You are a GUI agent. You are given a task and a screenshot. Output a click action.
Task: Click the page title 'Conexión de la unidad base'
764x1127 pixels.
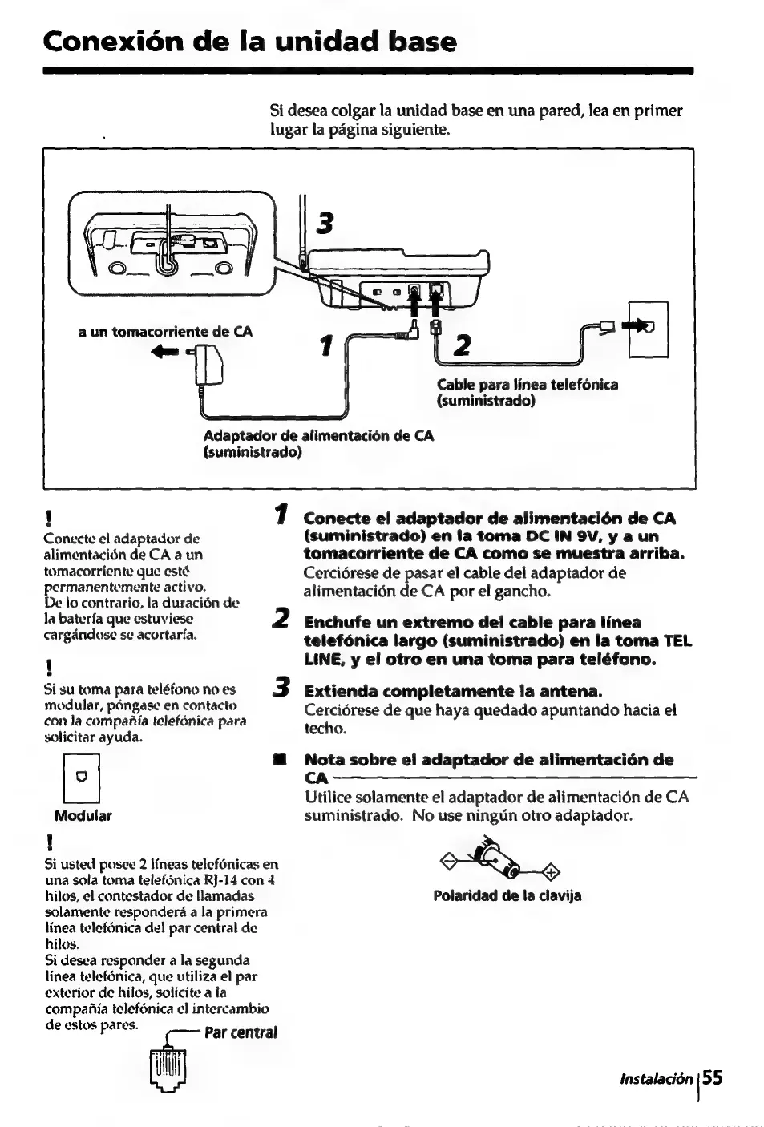point(250,41)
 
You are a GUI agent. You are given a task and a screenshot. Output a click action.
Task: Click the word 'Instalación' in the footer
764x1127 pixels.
point(656,1079)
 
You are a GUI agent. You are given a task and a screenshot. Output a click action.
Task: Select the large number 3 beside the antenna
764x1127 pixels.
point(323,224)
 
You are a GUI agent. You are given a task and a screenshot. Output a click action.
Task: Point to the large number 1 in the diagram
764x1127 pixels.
point(325,345)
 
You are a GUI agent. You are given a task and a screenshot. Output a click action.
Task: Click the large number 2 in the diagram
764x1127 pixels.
point(461,345)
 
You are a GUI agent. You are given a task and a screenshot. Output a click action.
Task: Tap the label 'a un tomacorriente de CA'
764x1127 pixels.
point(165,332)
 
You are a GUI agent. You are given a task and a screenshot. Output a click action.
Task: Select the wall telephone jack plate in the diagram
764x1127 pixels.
point(649,329)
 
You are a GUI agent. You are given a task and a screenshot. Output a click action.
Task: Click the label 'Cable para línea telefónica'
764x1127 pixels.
point(528,385)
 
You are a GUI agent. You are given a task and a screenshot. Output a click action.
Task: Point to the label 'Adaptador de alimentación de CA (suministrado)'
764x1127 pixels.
point(318,444)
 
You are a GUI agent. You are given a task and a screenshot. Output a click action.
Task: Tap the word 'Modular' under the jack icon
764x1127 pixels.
point(83,816)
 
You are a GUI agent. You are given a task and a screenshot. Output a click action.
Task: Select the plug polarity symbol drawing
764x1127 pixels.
point(498,860)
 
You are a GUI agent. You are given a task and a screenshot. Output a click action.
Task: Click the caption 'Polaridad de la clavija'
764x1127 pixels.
point(507,895)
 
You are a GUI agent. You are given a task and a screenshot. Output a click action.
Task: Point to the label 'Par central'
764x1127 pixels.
point(241,1032)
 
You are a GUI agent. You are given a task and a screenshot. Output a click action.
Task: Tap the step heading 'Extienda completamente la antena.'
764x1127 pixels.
point(453,691)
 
